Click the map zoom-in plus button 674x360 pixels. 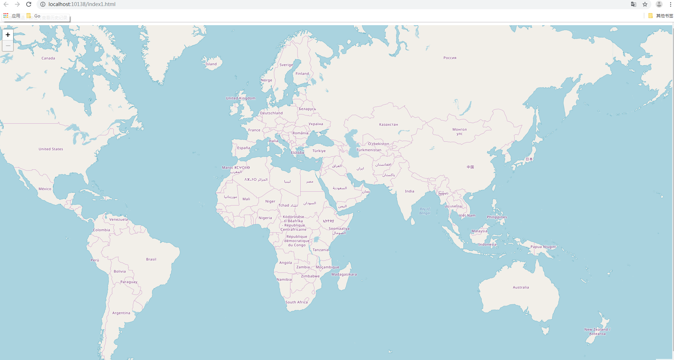[8, 35]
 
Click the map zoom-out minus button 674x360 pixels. [8, 46]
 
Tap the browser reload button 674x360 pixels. [29, 4]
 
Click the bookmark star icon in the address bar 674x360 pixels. [645, 4]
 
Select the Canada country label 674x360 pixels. [48, 58]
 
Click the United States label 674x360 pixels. [51, 149]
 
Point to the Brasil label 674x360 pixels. [151, 259]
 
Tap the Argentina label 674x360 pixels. [121, 313]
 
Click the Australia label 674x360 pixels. [521, 287]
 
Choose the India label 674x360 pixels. [409, 191]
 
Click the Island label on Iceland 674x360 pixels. [211, 64]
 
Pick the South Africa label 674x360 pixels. [296, 302]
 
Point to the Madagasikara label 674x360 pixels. [344, 274]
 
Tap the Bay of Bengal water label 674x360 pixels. [425, 211]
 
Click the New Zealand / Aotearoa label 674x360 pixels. [597, 332]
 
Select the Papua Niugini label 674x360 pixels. [543, 247]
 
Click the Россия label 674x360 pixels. [450, 58]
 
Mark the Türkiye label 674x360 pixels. [319, 151]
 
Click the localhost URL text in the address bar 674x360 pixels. [82, 4]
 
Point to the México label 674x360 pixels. [45, 189]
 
